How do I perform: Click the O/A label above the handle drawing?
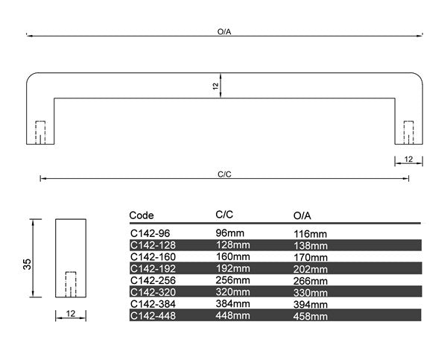click(224, 31)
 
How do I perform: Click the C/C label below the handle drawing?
click(224, 174)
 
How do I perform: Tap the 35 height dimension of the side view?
click(27, 264)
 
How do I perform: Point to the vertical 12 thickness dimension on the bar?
click(215, 86)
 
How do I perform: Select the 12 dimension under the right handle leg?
click(408, 160)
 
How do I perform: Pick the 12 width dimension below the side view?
click(71, 314)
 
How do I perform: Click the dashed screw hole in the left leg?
click(40, 133)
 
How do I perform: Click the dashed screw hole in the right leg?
click(409, 133)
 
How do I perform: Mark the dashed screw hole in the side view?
click(71, 285)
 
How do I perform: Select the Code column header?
click(142, 215)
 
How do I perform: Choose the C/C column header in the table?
click(224, 215)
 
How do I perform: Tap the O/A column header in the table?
click(302, 215)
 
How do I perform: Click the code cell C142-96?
click(150, 233)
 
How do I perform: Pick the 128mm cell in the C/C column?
click(232, 244)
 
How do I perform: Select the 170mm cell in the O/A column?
click(311, 257)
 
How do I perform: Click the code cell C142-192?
click(153, 269)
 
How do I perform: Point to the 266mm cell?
click(311, 281)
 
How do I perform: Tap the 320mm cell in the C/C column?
click(232, 292)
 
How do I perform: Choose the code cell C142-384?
click(153, 304)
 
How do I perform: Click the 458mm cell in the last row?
click(311, 316)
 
